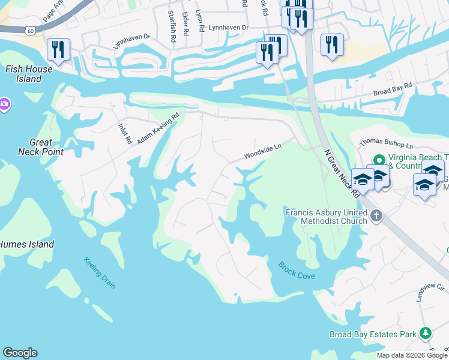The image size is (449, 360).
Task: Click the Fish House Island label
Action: coord(29,74)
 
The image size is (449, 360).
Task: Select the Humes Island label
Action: coord(26,244)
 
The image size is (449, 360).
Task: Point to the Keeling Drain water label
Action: coord(100,273)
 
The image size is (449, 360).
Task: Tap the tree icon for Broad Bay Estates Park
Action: coord(425,333)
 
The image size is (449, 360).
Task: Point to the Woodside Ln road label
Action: coord(262,151)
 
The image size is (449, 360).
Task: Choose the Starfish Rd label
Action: coord(172,25)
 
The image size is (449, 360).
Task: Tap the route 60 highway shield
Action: coord(31,29)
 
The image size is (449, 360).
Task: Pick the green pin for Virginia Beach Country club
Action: coord(379,160)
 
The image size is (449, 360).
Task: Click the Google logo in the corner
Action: coord(20,353)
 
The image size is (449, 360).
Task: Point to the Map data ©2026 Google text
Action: coord(412,355)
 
